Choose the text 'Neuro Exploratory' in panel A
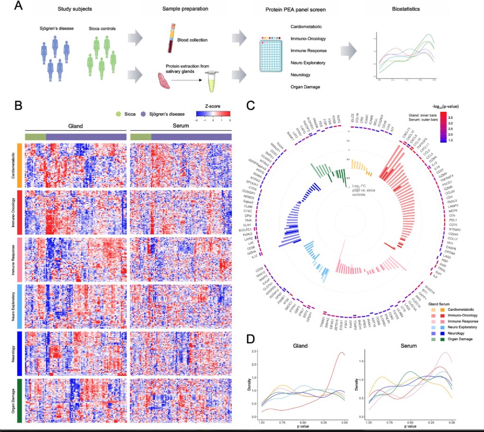tap(307, 63)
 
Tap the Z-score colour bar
tap(213, 114)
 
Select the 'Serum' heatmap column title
tap(181, 126)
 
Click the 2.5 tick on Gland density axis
tap(255, 351)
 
